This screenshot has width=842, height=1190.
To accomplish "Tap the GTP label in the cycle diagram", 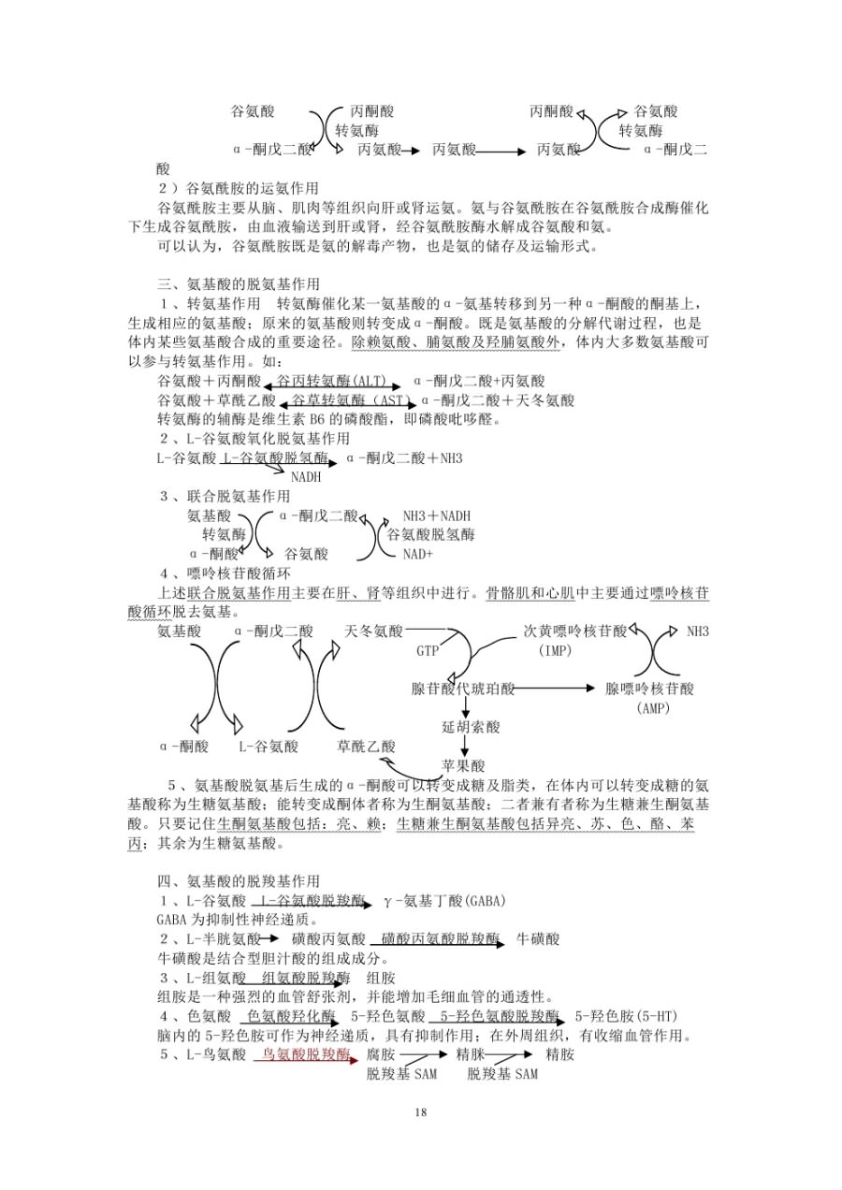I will pyautogui.click(x=428, y=651).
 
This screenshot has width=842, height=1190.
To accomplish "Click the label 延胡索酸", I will pyautogui.click(x=472, y=726).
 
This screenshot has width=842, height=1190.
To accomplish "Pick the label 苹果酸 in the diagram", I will pyautogui.click(x=464, y=764).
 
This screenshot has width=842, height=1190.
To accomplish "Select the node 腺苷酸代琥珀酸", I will pyautogui.click(x=463, y=689).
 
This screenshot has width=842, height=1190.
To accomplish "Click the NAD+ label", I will pyautogui.click(x=418, y=554).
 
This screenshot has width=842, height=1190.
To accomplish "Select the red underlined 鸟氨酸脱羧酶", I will pyautogui.click(x=306, y=1054).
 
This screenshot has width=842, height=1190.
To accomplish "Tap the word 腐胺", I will pyautogui.click(x=381, y=1054).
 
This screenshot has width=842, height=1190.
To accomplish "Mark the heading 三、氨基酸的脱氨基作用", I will pyautogui.click(x=239, y=283).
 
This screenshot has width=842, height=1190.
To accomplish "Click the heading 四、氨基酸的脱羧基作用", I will pyautogui.click(x=239, y=880).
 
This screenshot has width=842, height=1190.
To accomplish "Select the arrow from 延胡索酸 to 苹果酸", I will pyautogui.click(x=464, y=746).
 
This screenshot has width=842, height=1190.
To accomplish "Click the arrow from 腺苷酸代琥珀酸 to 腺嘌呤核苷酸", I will pyautogui.click(x=554, y=689).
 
